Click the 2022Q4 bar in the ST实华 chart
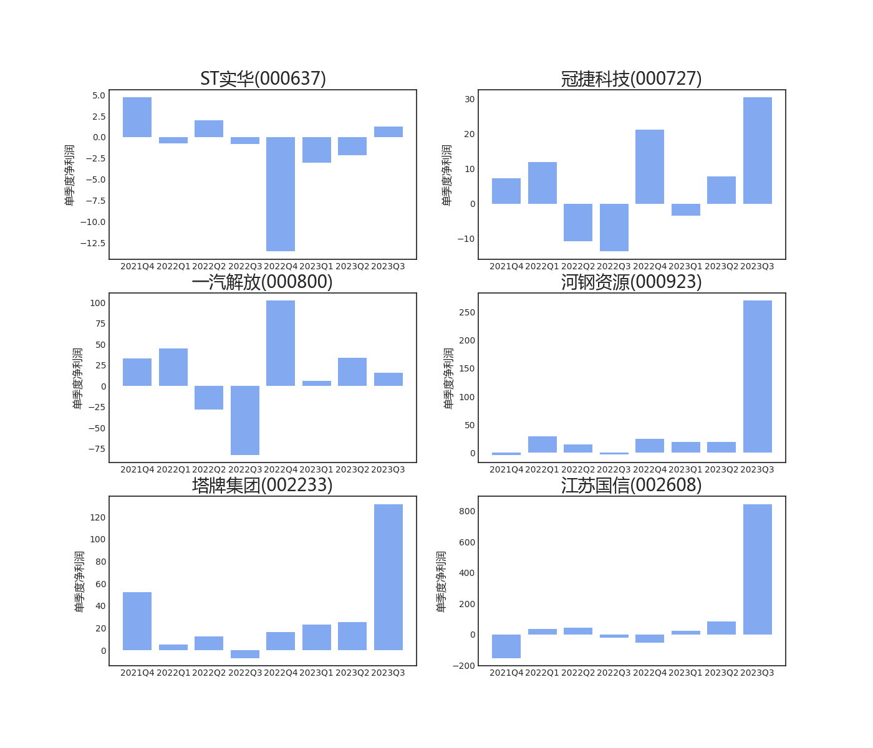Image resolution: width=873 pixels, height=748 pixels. (x=281, y=194)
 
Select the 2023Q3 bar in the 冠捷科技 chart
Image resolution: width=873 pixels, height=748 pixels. (x=757, y=150)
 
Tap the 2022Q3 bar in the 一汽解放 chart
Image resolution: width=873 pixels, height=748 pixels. (x=245, y=420)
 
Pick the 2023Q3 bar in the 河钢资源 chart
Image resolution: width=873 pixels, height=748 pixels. (x=757, y=376)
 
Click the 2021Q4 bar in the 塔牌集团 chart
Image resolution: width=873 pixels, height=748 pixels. (x=137, y=621)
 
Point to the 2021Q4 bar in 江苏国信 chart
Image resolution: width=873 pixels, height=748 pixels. (x=506, y=646)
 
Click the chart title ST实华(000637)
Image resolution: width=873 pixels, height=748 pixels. (x=263, y=79)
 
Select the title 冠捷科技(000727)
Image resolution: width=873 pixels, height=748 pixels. (x=631, y=79)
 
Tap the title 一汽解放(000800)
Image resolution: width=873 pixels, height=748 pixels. (x=263, y=282)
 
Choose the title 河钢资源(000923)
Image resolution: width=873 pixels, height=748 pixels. (x=631, y=282)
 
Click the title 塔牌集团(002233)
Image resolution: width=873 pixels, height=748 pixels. (x=263, y=485)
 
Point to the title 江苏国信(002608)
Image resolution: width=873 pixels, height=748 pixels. (x=631, y=485)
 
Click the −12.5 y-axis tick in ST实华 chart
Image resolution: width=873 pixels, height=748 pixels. (x=93, y=243)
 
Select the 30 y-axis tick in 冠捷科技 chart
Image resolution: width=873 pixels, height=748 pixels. (x=470, y=99)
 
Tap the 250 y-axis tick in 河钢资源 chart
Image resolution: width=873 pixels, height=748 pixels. (x=467, y=312)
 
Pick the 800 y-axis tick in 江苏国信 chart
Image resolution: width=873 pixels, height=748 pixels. (x=467, y=511)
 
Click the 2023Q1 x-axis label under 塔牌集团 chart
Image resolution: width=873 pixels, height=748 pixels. (x=317, y=673)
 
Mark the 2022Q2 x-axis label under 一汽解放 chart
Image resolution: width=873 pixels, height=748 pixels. (x=209, y=469)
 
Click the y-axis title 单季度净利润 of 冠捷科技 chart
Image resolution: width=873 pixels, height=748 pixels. (x=447, y=175)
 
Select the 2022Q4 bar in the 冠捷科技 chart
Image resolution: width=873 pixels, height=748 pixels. (x=650, y=166)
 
